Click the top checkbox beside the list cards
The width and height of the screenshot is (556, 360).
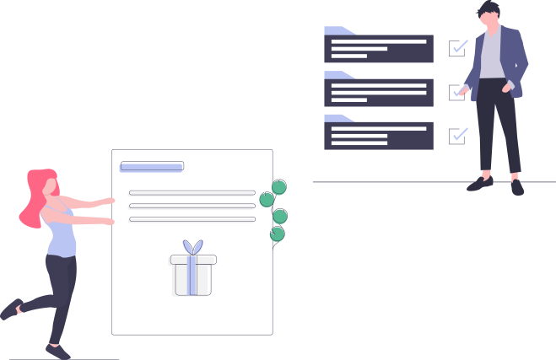(x=457, y=48)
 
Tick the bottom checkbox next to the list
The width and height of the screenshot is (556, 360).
(x=457, y=135)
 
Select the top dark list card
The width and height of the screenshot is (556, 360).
(x=379, y=49)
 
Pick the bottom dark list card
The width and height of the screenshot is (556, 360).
(x=379, y=136)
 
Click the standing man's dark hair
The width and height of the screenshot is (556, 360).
(x=488, y=9)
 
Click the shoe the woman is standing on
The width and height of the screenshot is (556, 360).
(x=57, y=351)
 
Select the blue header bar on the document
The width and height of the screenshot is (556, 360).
(x=151, y=168)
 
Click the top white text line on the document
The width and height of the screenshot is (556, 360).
(x=191, y=194)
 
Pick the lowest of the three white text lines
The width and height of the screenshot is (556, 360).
(x=191, y=221)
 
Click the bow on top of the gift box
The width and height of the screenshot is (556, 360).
(x=193, y=248)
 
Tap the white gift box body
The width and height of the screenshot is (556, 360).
(x=191, y=278)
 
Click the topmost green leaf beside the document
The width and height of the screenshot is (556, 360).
(x=278, y=187)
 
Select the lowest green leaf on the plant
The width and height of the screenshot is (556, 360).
(x=277, y=234)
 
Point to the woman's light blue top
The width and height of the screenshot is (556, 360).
(x=62, y=235)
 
